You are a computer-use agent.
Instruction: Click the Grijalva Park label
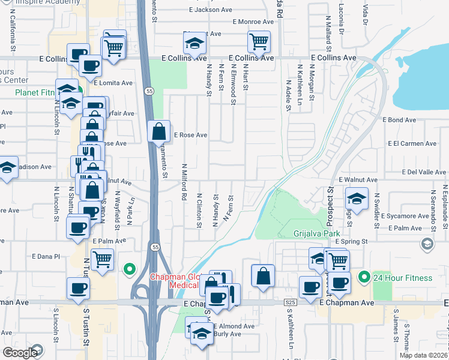pos(317,233)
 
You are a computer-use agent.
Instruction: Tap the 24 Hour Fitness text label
pos(402,278)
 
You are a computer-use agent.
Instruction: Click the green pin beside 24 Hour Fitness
pos(363,278)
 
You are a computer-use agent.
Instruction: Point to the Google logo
pos(20,353)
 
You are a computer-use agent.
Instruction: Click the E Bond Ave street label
pos(402,120)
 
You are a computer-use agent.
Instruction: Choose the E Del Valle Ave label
pos(423,172)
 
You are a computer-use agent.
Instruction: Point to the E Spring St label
pos(350,241)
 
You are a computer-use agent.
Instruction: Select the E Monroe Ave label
pos(240,22)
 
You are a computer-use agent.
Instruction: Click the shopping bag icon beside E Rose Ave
pos(158,131)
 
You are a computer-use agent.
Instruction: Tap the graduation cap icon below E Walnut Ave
pos(357,199)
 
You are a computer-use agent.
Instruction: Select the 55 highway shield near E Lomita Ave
pos(148,91)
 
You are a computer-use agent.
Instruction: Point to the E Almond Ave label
pos(234,326)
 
